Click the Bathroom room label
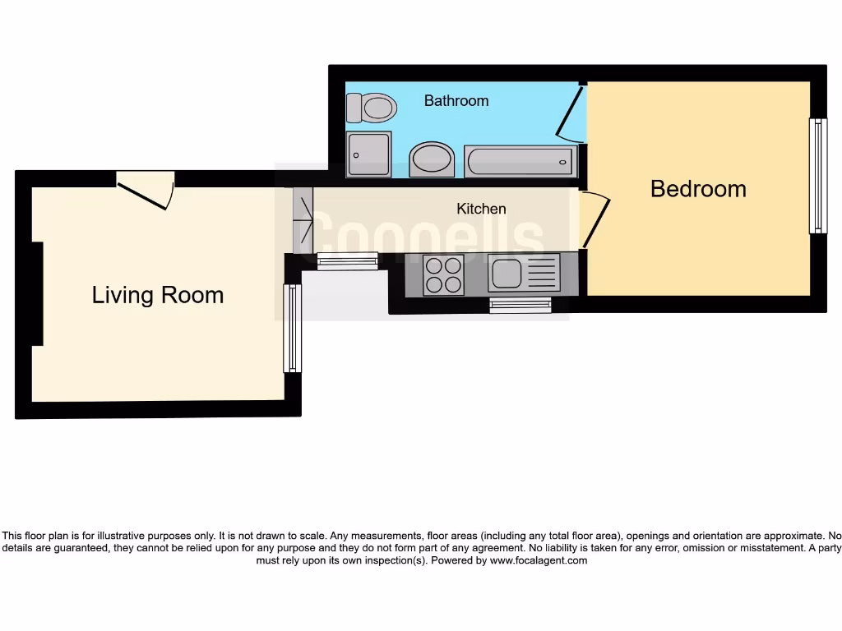tap(456, 101)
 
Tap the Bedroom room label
tap(698, 189)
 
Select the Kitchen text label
tap(481, 209)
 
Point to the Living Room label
tap(157, 295)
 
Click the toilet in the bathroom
tap(372, 107)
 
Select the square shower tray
tap(368, 154)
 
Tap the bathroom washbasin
tap(432, 159)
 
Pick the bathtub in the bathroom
tap(520, 161)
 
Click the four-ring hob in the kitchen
tap(443, 274)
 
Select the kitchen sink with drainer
tap(523, 273)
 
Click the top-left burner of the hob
tap(433, 265)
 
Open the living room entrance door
tap(145, 190)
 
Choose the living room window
tap(293, 327)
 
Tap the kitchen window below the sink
tap(520, 305)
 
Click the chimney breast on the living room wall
tap(36, 294)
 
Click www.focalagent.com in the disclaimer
tap(539, 560)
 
